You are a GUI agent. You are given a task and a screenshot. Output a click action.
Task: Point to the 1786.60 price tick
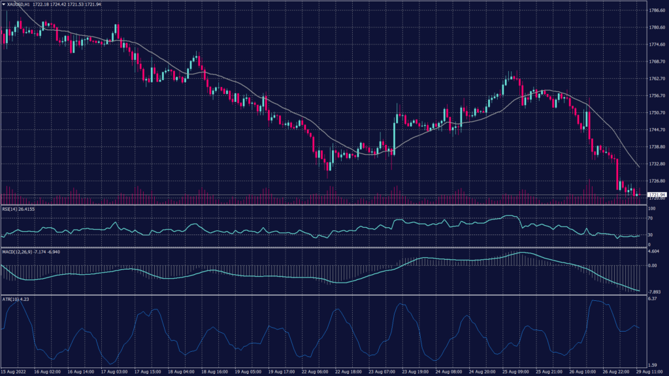coord(656,10)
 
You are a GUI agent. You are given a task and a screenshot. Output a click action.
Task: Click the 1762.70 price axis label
coord(656,78)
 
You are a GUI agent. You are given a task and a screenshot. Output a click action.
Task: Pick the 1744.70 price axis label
coord(656,129)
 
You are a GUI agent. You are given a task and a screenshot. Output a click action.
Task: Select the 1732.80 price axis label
coord(656,164)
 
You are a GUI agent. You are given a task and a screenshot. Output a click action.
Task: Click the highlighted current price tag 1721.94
coord(656,195)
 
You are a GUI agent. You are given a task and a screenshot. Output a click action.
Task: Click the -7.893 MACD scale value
coord(655,292)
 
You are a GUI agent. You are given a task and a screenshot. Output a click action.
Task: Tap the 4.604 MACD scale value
coord(654,251)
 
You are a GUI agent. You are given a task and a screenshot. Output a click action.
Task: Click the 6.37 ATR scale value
coord(652,298)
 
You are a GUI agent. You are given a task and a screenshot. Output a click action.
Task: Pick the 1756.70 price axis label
coord(656,95)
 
